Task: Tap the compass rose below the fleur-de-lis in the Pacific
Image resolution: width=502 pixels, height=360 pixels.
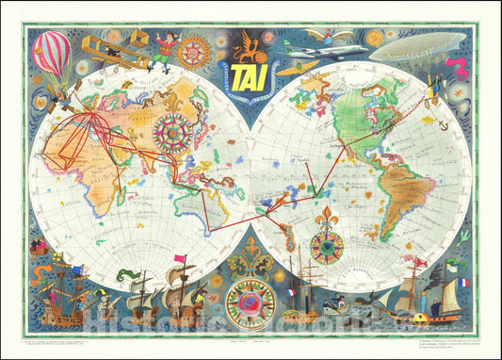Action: (326, 248)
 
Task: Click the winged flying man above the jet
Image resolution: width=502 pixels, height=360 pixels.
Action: (332, 34)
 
